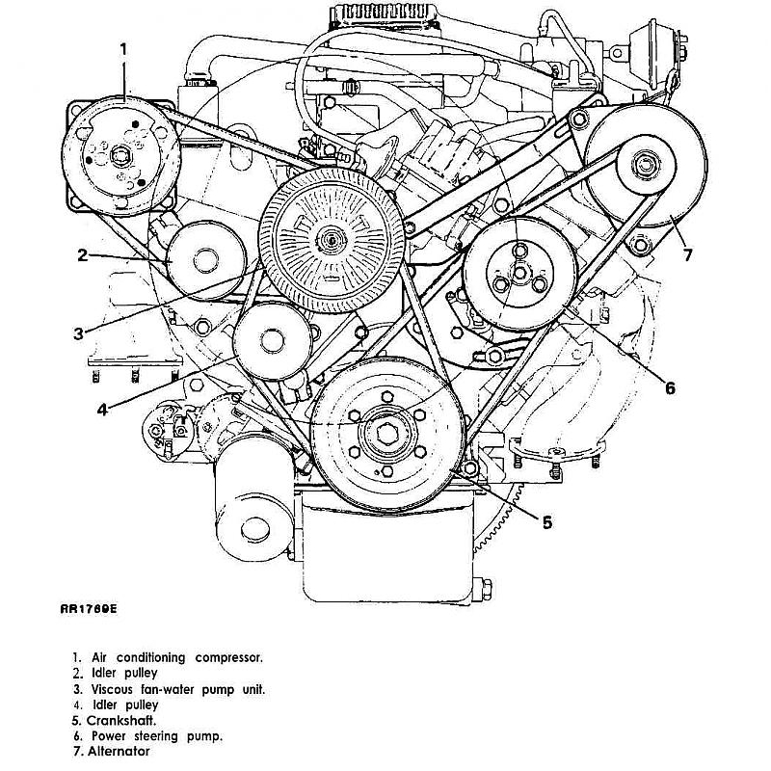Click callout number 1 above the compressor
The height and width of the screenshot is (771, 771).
pyautogui.click(x=124, y=50)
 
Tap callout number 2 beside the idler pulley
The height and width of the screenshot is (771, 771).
pyautogui.click(x=83, y=255)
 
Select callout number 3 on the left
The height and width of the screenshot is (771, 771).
pyautogui.click(x=79, y=333)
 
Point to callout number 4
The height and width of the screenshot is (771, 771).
pyautogui.click(x=102, y=409)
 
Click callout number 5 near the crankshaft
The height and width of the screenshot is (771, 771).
pyautogui.click(x=547, y=522)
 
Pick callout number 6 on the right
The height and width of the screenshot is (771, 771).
pyautogui.click(x=670, y=388)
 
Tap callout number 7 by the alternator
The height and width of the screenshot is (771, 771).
pyautogui.click(x=687, y=254)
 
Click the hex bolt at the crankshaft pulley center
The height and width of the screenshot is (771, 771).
pyautogui.click(x=385, y=433)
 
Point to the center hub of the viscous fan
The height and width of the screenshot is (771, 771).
pyautogui.click(x=332, y=240)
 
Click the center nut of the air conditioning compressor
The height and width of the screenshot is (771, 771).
pyautogui.click(x=120, y=156)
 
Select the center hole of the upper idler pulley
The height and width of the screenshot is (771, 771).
pyautogui.click(x=205, y=260)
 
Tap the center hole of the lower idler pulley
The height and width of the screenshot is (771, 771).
pyautogui.click(x=272, y=341)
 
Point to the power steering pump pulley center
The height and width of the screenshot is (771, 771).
pyautogui.click(x=520, y=272)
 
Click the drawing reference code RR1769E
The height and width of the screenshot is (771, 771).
pyautogui.click(x=89, y=609)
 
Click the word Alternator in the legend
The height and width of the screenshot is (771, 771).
pyautogui.click(x=119, y=751)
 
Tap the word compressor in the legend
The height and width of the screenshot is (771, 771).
pyautogui.click(x=228, y=658)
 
